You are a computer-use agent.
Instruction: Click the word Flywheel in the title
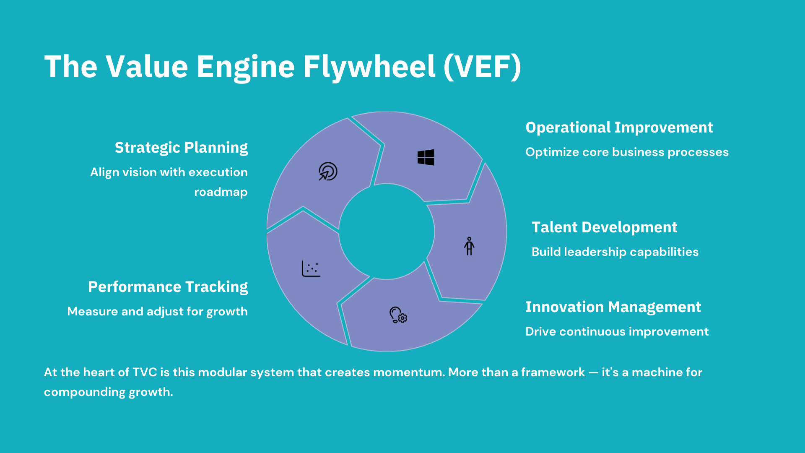pyautogui.click(x=369, y=67)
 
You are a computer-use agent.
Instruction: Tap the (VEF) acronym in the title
pyautogui.click(x=482, y=67)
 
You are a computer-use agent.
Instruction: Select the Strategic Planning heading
pyautogui.click(x=181, y=148)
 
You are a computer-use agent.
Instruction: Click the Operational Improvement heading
pyautogui.click(x=619, y=128)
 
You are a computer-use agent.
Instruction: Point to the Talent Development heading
pyautogui.click(x=604, y=227)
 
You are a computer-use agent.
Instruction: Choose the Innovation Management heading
pyautogui.click(x=613, y=307)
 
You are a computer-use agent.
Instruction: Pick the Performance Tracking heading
pyautogui.click(x=168, y=287)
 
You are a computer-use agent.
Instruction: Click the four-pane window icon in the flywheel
pyautogui.click(x=426, y=157)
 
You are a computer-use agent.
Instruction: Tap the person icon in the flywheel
pyautogui.click(x=469, y=246)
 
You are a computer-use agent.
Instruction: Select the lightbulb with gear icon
pyautogui.click(x=398, y=315)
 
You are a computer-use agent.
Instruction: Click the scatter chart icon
pyautogui.click(x=311, y=269)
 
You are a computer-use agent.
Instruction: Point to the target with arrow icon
pyautogui.click(x=328, y=172)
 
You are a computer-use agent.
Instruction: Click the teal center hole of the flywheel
pyautogui.click(x=387, y=232)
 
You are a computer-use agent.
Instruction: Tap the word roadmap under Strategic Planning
pyautogui.click(x=221, y=192)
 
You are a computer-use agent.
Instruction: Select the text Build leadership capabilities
pyautogui.click(x=615, y=252)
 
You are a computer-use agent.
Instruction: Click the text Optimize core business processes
pyautogui.click(x=627, y=152)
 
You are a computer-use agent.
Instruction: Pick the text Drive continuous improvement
pyautogui.click(x=617, y=332)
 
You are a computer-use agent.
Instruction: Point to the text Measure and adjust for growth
pyautogui.click(x=157, y=312)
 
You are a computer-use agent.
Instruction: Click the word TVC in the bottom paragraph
pyautogui.click(x=145, y=372)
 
